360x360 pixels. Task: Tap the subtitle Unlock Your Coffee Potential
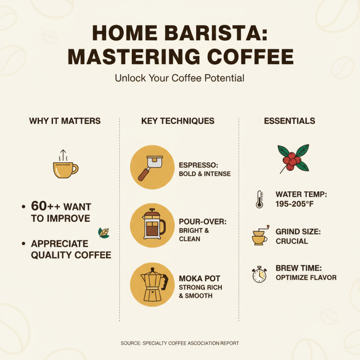click(x=180, y=78)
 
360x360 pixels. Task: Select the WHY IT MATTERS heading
click(x=65, y=121)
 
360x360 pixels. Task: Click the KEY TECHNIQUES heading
click(x=178, y=121)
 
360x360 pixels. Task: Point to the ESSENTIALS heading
click(x=289, y=121)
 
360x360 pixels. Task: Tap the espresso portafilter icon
click(x=152, y=167)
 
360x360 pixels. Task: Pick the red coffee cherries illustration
click(x=292, y=158)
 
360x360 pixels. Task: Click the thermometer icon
click(x=259, y=199)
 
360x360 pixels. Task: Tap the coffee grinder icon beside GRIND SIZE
click(x=259, y=236)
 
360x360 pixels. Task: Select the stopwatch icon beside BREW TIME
click(x=259, y=274)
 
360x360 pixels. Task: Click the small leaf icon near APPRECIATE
click(x=103, y=232)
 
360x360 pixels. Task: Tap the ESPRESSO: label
click(x=198, y=165)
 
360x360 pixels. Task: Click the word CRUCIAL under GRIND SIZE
click(x=292, y=241)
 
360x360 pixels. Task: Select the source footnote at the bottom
click(x=180, y=343)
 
